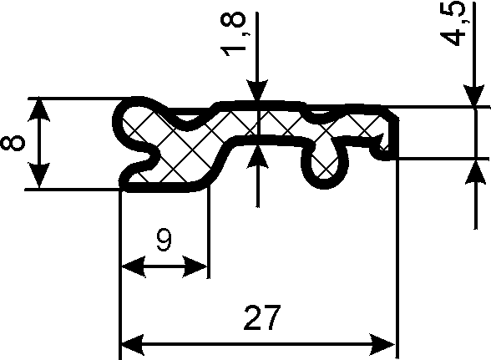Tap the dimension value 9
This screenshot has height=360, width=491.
[x=165, y=240]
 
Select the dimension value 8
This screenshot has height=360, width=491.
[x=13, y=143]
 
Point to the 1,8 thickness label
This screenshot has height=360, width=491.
[x=233, y=34]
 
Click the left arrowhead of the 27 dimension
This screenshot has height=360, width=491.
[x=132, y=345]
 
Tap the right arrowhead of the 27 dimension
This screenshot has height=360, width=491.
[x=382, y=345]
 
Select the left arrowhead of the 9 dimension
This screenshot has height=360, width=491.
[x=134, y=267]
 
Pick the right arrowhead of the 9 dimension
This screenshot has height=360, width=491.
[x=195, y=267]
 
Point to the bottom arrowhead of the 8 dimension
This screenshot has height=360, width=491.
[x=38, y=175]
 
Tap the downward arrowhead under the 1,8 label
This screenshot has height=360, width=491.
[x=257, y=90]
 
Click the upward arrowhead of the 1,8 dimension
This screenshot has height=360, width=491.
[x=257, y=157]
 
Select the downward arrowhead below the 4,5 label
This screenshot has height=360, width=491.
[x=475, y=95]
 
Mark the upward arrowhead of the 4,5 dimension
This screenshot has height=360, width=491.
[x=475, y=172]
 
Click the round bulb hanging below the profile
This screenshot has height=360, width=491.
[x=324, y=166]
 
